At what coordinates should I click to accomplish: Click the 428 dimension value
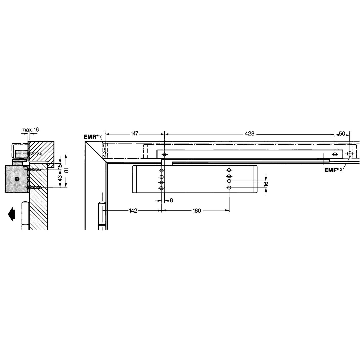[250, 133]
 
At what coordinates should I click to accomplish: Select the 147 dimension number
[134, 133]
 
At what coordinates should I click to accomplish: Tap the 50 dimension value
[342, 133]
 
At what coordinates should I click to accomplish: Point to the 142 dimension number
[133, 211]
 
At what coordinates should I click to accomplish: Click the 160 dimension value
[196, 211]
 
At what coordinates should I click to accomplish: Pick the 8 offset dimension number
[171, 201]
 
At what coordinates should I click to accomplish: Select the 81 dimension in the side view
[67, 170]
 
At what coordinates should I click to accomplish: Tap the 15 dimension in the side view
[60, 166]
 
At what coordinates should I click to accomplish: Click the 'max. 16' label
[30, 129]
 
